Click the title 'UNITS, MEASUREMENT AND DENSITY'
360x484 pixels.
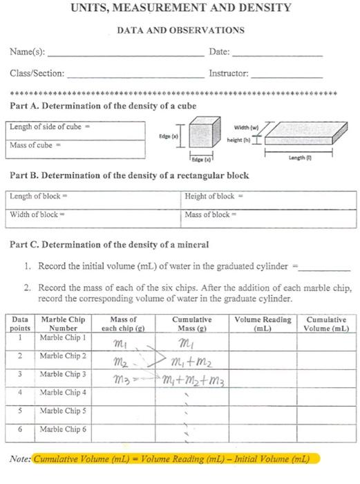(181, 8)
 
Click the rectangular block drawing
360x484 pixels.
(290, 131)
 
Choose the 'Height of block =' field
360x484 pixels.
(269, 197)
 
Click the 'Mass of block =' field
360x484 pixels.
(269, 214)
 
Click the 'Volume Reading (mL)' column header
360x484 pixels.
(263, 324)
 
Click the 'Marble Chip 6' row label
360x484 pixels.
(64, 429)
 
